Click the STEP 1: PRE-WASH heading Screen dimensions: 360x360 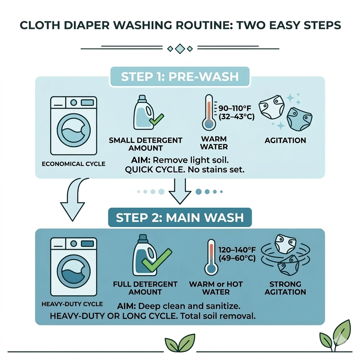click(180, 77)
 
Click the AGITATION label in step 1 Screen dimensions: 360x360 click(285, 140)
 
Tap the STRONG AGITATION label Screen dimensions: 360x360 click(285, 288)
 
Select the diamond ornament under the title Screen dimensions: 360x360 click(180, 48)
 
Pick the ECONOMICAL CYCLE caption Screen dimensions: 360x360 click(73, 164)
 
